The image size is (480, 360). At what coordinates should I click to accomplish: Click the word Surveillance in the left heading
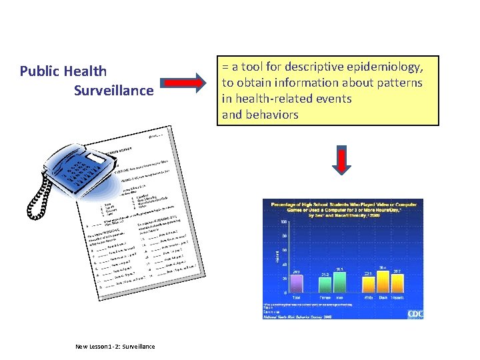[x=113, y=90]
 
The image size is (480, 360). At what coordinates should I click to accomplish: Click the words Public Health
[x=63, y=71]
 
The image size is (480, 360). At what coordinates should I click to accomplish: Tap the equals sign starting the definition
[x=225, y=67]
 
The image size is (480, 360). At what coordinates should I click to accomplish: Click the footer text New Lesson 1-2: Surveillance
[x=115, y=346]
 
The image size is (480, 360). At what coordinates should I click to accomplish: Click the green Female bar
[x=325, y=285]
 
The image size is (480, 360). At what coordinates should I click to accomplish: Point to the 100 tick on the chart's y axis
[x=285, y=222]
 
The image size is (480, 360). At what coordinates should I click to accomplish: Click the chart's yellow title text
[x=343, y=207]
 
